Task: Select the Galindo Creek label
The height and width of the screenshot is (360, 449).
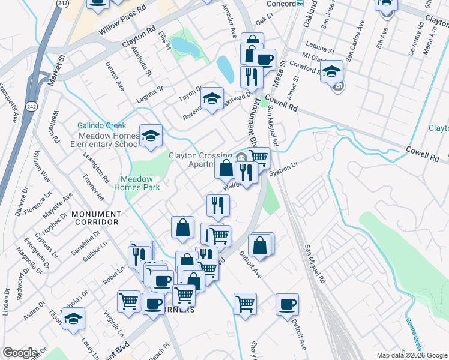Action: (101, 125)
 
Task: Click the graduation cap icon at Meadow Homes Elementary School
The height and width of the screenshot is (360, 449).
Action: (151, 136)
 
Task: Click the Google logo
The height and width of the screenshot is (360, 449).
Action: (19, 353)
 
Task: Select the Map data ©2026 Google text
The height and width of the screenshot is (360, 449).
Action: (411, 355)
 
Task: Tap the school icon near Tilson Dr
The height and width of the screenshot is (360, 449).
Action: (73, 319)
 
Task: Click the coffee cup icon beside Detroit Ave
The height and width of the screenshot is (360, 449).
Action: (287, 304)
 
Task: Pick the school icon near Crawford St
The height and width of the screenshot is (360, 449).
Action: (331, 72)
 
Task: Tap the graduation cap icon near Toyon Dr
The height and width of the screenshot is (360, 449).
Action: (211, 99)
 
